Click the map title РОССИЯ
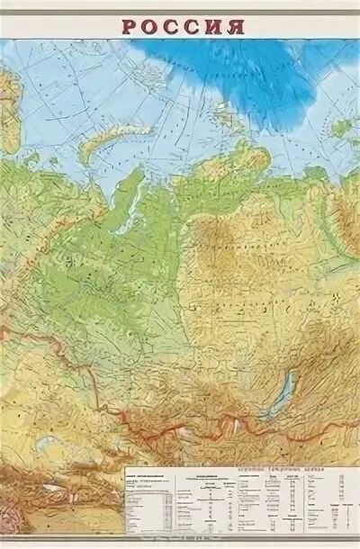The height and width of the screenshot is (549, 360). click(183, 25)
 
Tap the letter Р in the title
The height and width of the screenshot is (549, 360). click(130, 25)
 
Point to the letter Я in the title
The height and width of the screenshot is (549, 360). click(236, 25)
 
